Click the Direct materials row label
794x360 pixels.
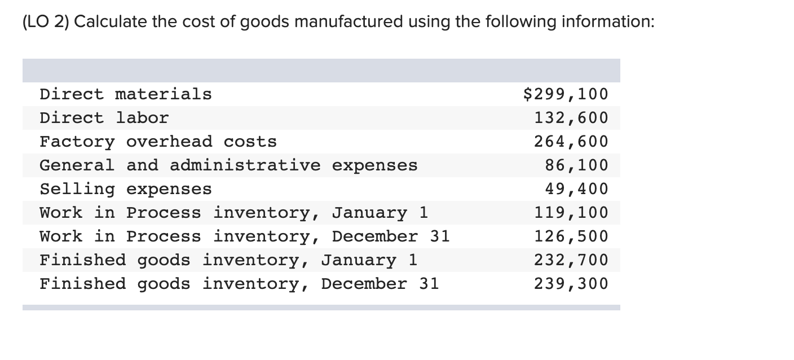[126, 94]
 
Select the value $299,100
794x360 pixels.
[566, 94]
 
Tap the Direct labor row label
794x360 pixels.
[104, 117]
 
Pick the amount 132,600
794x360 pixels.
[571, 117]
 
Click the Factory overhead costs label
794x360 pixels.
[158, 141]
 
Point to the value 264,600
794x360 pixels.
[571, 141]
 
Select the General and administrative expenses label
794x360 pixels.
[228, 165]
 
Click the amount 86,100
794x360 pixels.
[576, 165]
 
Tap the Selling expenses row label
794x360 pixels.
[126, 188]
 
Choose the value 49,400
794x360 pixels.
[576, 188]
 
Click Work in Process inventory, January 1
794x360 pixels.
[234, 213]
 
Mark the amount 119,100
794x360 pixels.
[571, 213]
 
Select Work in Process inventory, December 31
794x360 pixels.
[245, 236]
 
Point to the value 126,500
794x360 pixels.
[571, 236]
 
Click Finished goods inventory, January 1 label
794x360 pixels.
[228, 260]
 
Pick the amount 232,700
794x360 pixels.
[571, 260]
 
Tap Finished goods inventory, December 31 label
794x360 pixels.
[239, 284]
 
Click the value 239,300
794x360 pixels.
[571, 284]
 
